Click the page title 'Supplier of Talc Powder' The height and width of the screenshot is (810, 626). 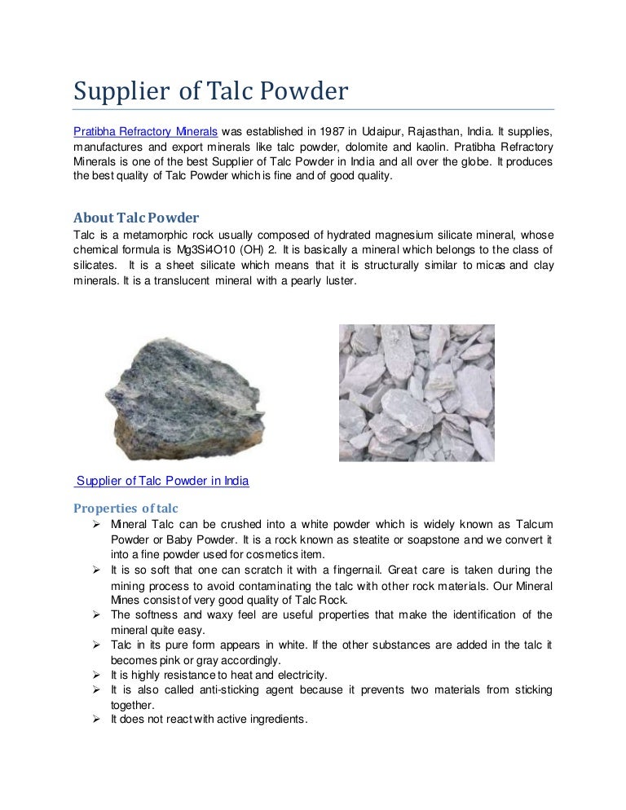point(210,92)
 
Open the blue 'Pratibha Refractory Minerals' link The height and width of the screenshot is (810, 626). point(146,131)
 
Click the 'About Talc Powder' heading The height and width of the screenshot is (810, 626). point(136,218)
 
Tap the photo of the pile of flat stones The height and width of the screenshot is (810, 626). point(417,393)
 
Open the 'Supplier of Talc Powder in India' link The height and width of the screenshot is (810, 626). point(161,481)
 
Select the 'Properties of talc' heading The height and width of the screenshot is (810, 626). point(126,508)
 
